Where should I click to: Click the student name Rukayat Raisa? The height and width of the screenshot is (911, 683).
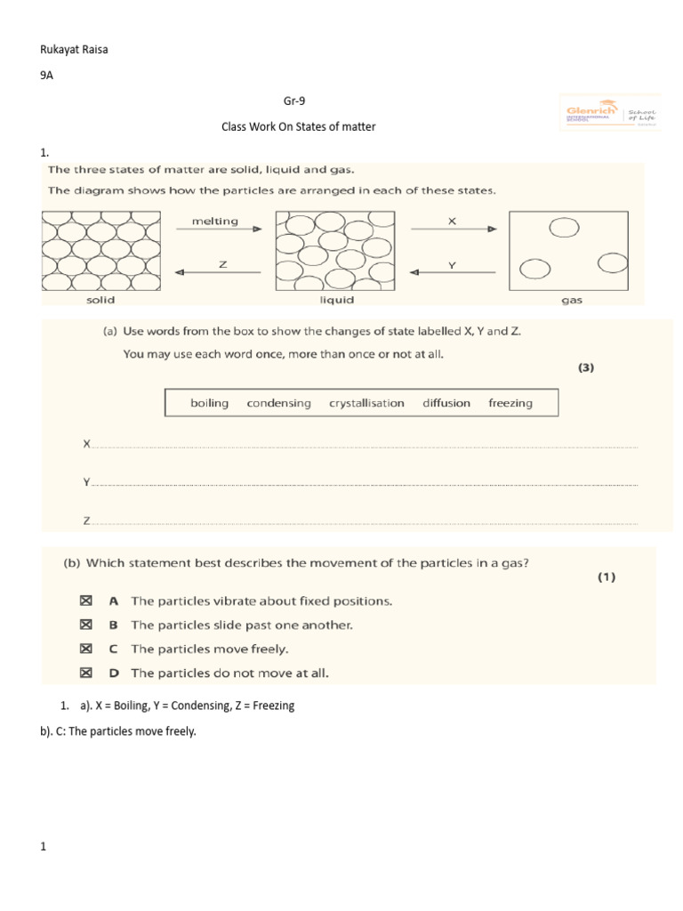75,49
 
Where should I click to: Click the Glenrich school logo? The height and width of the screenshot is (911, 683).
609,112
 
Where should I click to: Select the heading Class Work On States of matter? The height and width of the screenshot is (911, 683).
298,127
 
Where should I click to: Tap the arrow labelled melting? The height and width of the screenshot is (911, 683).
219,229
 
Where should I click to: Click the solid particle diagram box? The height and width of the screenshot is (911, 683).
100,250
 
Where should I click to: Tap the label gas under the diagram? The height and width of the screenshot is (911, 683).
572,301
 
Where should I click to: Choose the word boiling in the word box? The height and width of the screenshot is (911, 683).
209,403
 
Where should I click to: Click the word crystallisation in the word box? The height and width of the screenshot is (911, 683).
366,403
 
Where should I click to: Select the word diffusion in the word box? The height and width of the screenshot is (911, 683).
446,403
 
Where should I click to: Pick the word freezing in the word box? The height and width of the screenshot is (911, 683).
510,403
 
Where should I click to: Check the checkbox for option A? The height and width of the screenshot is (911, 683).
86,601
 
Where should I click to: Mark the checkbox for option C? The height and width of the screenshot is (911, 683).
86,649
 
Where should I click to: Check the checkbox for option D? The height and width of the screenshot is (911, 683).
86,673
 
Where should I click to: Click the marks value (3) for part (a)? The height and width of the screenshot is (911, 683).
585,367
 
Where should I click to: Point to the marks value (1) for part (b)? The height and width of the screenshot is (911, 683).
606,577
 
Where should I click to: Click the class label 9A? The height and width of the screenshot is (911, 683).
47,77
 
